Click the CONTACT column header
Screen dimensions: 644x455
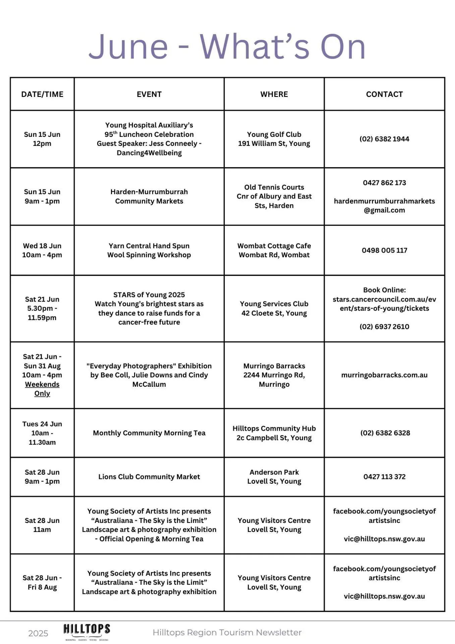384,94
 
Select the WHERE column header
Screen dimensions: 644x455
274,94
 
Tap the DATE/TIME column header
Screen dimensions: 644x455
42,94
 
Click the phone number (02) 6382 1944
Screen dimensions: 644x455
384,139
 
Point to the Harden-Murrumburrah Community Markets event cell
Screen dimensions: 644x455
149,197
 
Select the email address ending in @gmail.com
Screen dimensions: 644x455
384,206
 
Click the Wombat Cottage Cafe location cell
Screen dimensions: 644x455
274,250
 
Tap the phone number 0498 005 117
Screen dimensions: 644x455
384,250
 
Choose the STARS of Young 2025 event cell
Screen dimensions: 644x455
149,308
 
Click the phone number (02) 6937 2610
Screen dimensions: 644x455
384,327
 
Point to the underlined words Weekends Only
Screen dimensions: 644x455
42,389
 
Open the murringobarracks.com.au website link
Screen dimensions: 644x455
384,375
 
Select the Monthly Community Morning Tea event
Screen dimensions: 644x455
149,433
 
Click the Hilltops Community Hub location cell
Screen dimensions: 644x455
274,433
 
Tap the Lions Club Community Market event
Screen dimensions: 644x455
149,477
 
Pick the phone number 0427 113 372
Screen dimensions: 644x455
384,477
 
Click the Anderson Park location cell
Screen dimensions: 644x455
274,477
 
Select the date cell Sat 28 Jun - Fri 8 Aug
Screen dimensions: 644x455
42,583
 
